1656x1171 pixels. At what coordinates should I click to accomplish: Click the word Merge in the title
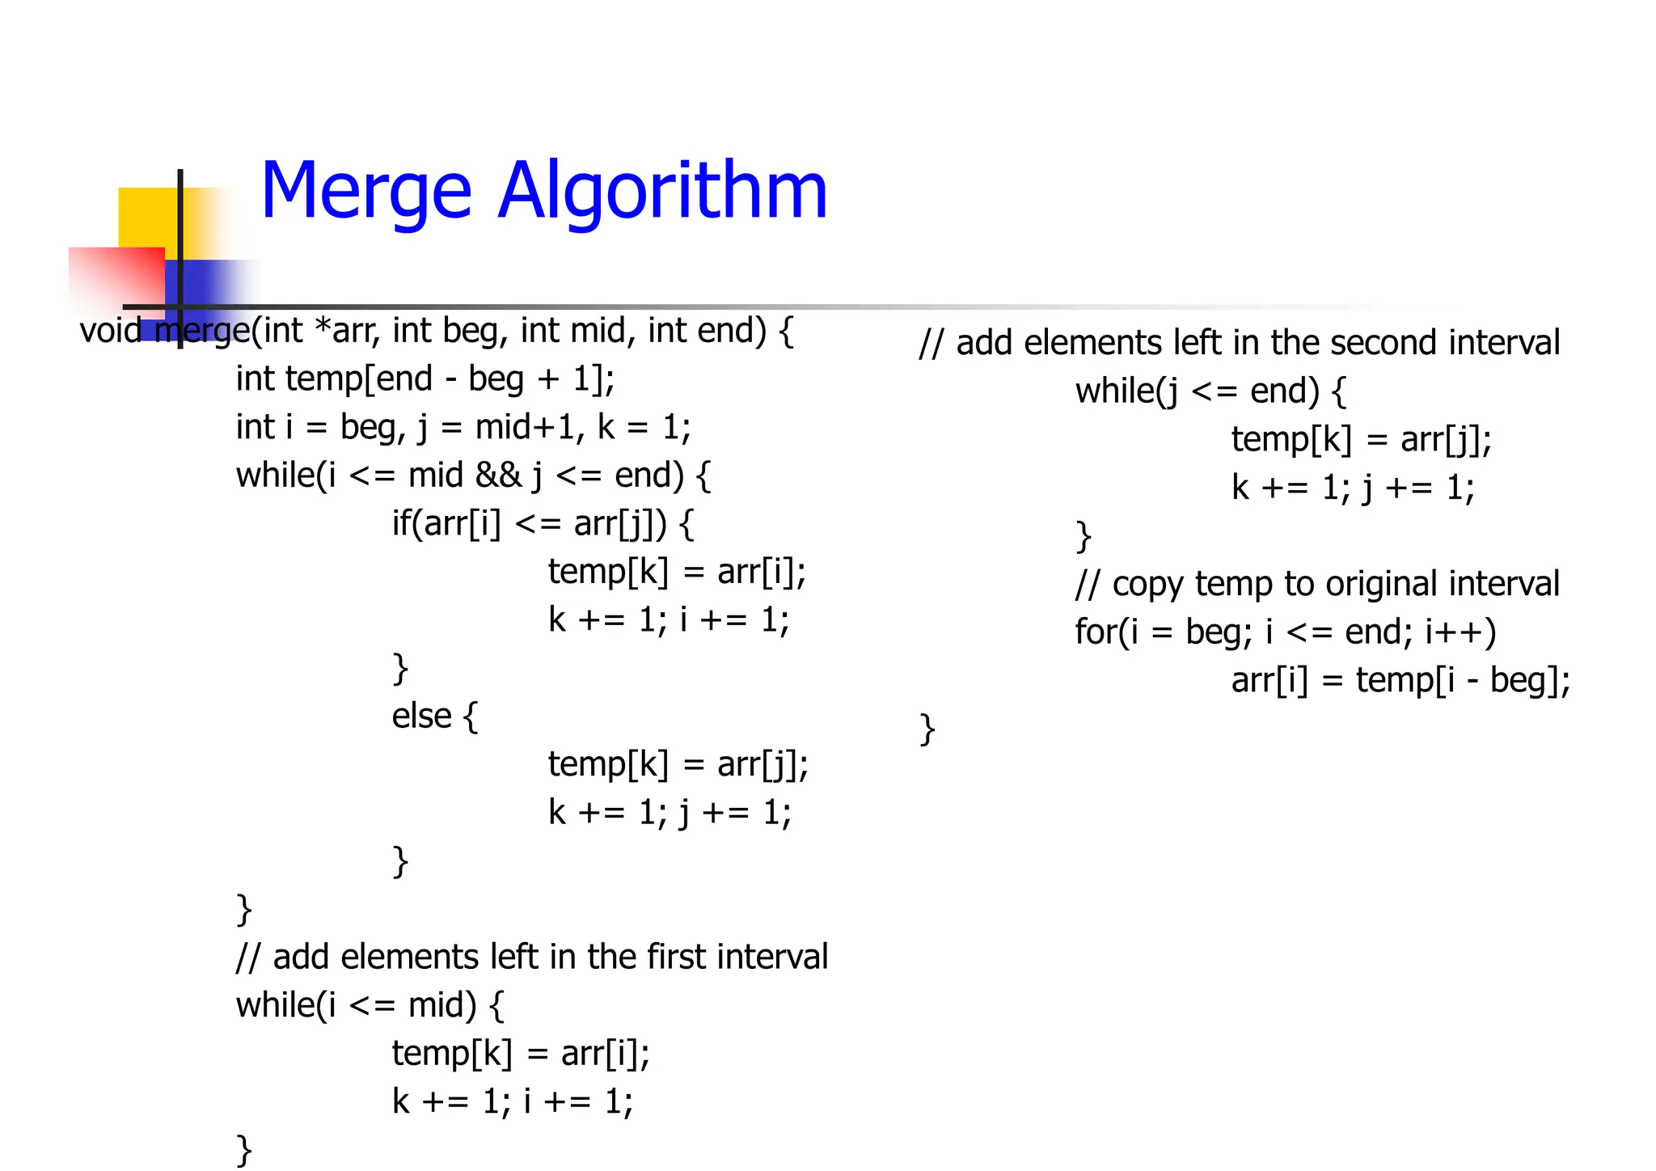(x=365, y=192)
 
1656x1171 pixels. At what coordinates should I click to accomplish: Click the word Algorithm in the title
(x=662, y=192)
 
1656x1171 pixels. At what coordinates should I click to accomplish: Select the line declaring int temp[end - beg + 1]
(x=425, y=379)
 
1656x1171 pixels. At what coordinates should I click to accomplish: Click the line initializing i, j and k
(x=463, y=428)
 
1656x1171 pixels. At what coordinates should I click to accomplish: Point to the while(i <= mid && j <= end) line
(x=473, y=476)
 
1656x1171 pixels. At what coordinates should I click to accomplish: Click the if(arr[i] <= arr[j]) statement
(x=543, y=524)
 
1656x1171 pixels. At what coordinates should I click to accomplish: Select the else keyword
(x=421, y=717)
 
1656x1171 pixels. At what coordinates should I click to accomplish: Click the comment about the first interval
(x=532, y=958)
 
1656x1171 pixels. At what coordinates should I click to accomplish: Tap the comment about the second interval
(x=1240, y=343)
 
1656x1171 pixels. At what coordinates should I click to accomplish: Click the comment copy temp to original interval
(x=1316, y=584)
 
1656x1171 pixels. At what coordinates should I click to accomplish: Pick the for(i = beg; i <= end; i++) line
(x=1286, y=632)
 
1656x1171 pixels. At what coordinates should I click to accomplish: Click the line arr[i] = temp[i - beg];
(x=1400, y=681)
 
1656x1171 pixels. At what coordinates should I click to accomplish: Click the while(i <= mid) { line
(x=370, y=1005)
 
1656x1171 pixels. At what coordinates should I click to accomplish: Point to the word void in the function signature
(x=110, y=331)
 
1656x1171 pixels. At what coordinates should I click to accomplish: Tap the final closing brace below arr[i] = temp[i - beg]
(x=927, y=729)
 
